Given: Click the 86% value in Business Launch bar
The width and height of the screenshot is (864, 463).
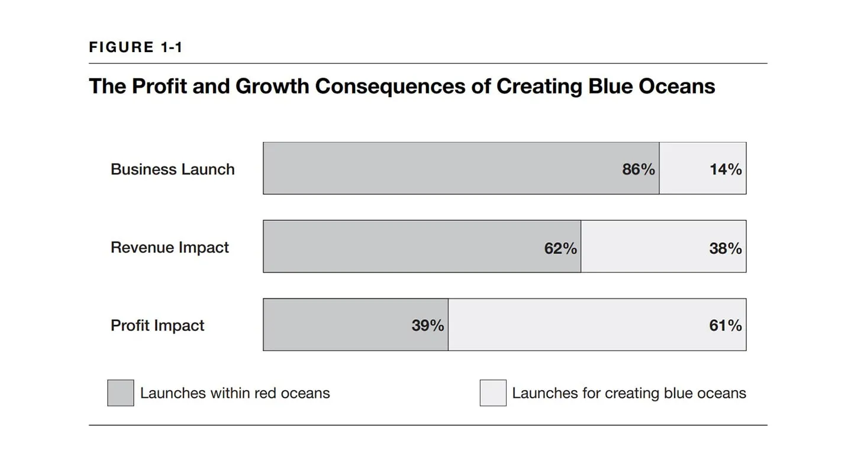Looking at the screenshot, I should (x=638, y=169).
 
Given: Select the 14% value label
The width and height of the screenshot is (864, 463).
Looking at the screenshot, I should (x=725, y=169).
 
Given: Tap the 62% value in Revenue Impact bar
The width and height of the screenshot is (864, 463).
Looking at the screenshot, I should (x=560, y=248).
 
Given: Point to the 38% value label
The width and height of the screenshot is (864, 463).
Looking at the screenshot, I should (x=725, y=248).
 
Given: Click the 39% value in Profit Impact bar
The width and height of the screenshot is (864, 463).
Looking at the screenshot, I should (x=427, y=326).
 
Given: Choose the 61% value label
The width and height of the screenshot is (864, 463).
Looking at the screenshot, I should (x=725, y=326).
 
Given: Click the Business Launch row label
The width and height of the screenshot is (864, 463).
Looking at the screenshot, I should (x=172, y=169).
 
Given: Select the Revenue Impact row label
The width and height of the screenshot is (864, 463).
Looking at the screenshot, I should (x=169, y=247).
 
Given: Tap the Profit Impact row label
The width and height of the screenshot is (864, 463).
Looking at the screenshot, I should (x=157, y=326).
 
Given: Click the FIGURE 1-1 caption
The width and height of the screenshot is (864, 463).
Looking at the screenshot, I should (x=136, y=47).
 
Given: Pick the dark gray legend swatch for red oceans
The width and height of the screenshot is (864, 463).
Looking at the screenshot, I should (x=120, y=393).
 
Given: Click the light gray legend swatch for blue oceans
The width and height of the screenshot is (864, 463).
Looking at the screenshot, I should (x=492, y=393).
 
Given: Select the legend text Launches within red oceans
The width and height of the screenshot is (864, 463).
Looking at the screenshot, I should (x=235, y=393).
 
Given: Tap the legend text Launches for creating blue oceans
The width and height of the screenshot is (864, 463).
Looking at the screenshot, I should (x=628, y=393).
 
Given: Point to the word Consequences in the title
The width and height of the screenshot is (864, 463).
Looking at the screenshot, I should (x=391, y=86).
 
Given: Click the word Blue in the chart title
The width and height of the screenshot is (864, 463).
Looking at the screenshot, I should (x=610, y=86).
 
